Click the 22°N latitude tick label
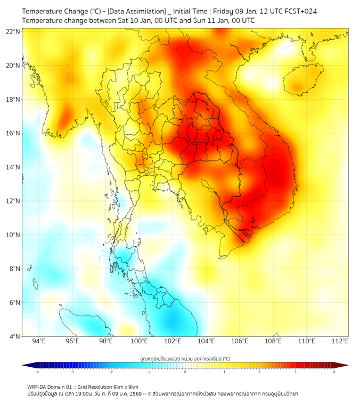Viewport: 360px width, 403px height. point(13,32)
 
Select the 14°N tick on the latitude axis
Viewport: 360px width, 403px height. point(13,167)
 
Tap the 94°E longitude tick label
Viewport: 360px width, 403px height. point(39,341)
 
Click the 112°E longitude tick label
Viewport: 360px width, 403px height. point(340,341)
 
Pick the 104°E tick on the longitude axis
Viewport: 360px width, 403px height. point(206,341)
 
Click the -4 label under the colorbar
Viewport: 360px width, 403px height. point(36,371)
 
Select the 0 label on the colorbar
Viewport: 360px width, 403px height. point(185,371)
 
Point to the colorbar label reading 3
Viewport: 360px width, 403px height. point(297,371)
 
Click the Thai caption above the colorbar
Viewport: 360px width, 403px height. point(185,359)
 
